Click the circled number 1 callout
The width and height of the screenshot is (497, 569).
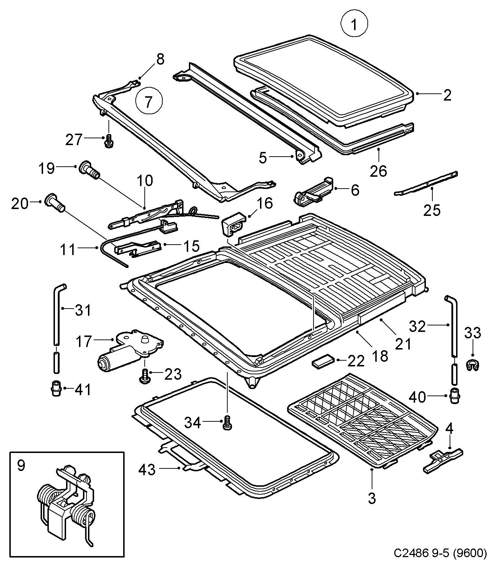click(x=354, y=24)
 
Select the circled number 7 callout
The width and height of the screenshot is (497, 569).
click(x=149, y=101)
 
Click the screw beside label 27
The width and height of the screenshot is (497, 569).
click(x=107, y=141)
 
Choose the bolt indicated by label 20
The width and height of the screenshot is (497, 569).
click(x=55, y=203)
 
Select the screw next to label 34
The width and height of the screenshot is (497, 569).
click(x=227, y=422)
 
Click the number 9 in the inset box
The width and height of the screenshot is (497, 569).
click(x=21, y=466)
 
